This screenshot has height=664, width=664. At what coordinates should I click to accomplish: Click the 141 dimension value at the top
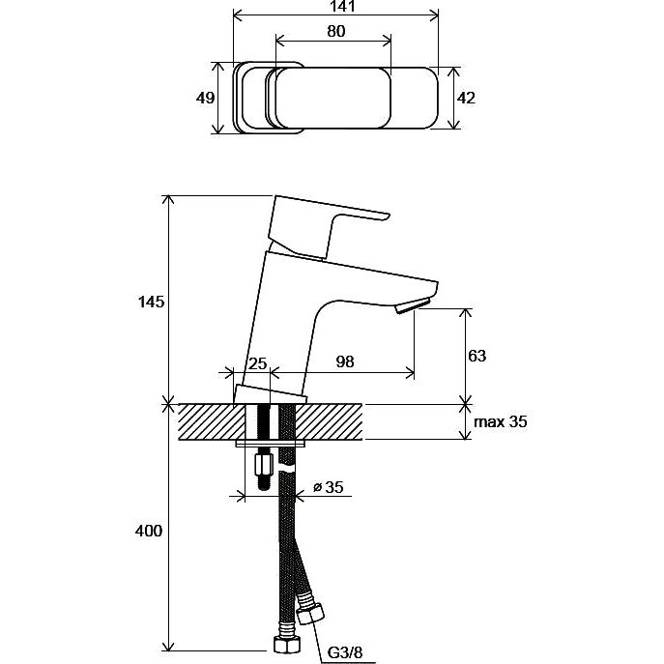342,6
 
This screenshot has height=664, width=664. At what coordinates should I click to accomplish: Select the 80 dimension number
335,31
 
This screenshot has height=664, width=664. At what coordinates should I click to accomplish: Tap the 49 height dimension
205,98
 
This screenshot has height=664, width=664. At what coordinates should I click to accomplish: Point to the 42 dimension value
466,98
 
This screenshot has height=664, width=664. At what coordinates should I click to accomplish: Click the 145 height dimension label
151,302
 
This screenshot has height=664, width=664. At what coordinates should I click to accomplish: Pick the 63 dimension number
476,356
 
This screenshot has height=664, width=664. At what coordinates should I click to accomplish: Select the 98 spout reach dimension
345,361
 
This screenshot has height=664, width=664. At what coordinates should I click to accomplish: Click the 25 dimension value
257,363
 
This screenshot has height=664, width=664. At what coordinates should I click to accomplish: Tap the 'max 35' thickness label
500,421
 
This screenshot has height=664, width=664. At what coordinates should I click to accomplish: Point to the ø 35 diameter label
329,487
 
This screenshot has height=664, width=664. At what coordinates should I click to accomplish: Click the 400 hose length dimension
149,531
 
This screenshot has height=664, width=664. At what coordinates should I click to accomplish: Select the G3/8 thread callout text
346,652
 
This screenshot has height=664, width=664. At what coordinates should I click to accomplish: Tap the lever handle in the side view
313,224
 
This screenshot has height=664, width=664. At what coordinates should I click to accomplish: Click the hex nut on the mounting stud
263,466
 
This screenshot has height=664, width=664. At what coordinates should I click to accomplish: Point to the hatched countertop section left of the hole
212,421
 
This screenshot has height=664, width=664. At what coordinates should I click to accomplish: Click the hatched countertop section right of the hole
329,421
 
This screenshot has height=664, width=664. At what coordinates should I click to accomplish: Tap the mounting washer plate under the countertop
271,444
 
